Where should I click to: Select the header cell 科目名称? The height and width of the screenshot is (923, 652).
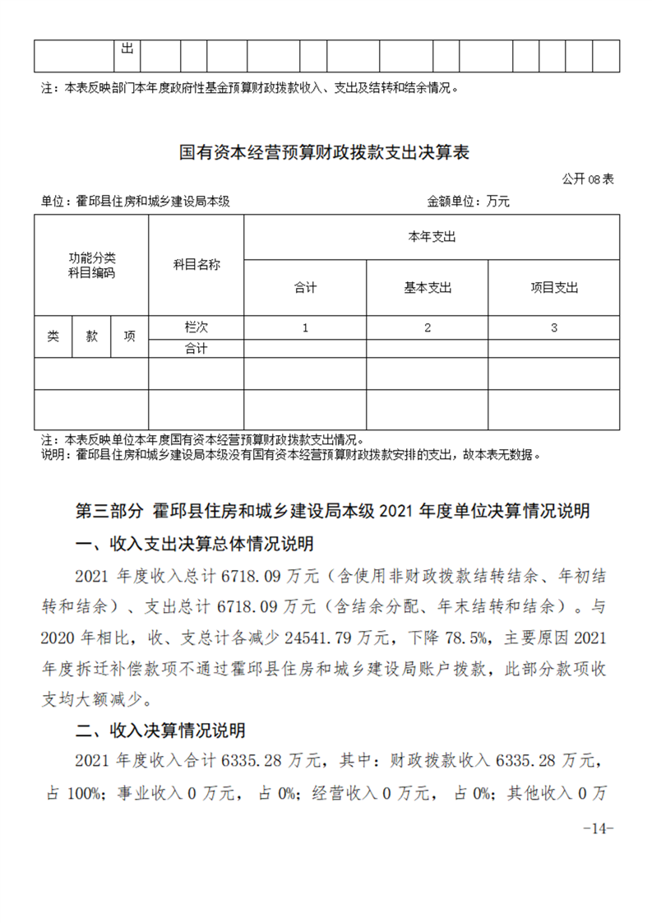pyautogui.click(x=196, y=264)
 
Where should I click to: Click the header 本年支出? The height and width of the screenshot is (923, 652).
pyautogui.click(x=432, y=237)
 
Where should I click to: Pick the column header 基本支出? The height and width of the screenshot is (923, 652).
pyautogui.click(x=428, y=287)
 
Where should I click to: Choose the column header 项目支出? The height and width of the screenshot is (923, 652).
pyautogui.click(x=554, y=287)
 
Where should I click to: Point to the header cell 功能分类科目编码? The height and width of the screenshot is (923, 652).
pyautogui.click(x=91, y=264)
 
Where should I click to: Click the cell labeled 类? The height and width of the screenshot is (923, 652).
pyautogui.click(x=53, y=336)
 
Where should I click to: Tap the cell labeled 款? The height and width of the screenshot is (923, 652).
pyautogui.click(x=91, y=336)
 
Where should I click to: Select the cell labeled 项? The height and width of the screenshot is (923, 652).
pyautogui.click(x=129, y=336)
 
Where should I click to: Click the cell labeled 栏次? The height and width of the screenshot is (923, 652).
pyautogui.click(x=196, y=327)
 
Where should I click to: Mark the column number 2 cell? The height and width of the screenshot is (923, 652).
pyautogui.click(x=428, y=327)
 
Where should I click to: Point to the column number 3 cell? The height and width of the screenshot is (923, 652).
pyautogui.click(x=554, y=327)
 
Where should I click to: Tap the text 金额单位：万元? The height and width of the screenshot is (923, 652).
pyautogui.click(x=468, y=201)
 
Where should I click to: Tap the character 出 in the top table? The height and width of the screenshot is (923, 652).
pyautogui.click(x=127, y=49)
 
